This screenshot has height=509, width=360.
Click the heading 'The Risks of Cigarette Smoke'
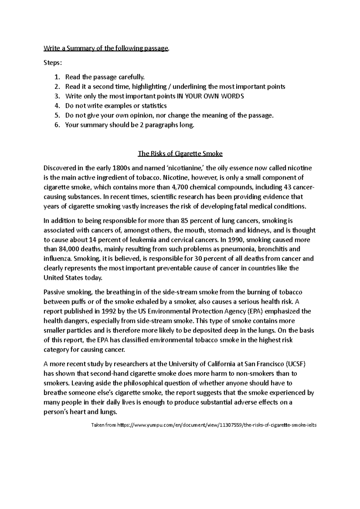click(180, 154)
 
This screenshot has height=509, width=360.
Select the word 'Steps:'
click(53, 63)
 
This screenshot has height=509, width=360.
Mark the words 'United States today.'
click(73, 278)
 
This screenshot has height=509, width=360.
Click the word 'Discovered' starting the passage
click(59, 168)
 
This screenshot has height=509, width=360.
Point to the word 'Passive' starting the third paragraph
click(54, 292)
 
